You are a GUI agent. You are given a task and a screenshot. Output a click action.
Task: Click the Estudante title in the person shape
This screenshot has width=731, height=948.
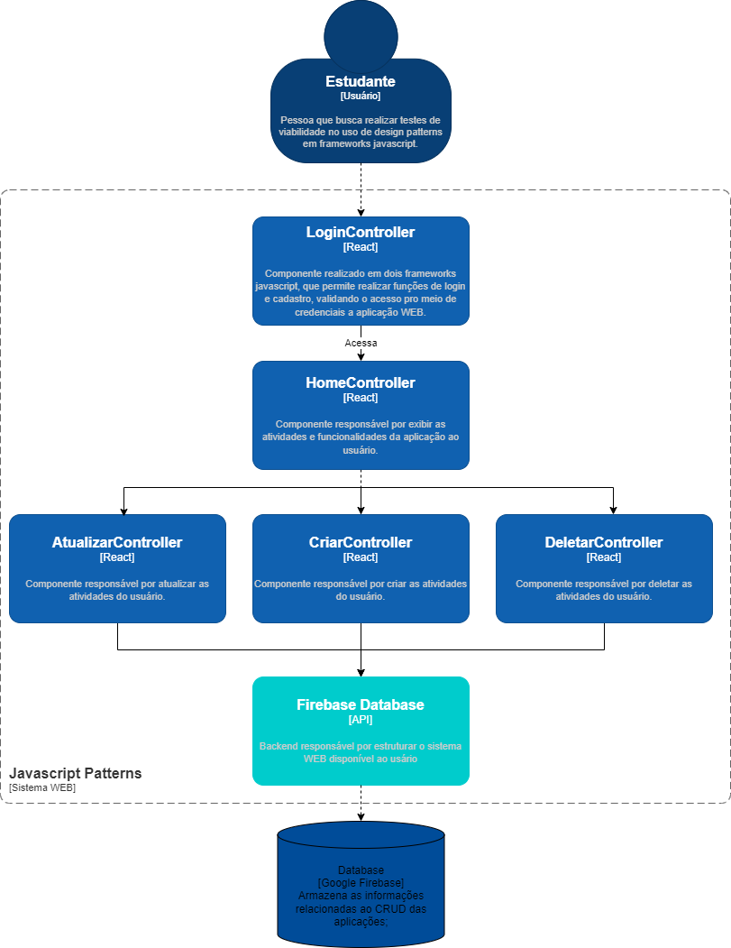361,82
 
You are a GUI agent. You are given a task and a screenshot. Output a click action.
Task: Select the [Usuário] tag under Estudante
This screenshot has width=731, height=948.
361,96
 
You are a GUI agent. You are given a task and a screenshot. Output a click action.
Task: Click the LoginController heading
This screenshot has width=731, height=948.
361,233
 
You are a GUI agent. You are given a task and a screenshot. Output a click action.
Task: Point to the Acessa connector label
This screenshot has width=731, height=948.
361,343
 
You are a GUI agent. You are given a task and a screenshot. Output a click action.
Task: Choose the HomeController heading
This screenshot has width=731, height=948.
361,383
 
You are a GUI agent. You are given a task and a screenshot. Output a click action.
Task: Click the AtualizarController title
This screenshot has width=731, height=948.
117,543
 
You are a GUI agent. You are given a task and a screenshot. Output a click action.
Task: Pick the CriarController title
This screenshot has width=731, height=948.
361,543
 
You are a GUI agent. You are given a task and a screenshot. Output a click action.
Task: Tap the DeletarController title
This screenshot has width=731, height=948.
604,543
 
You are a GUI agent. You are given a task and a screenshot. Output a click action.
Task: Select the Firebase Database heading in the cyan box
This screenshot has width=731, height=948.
361,705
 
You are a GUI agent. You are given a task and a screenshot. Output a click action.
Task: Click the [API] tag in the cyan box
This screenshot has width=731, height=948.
361,720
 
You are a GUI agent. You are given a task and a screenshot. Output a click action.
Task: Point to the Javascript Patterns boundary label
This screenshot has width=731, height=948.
76,774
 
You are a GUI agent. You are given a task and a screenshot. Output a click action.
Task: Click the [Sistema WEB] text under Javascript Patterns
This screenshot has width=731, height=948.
42,787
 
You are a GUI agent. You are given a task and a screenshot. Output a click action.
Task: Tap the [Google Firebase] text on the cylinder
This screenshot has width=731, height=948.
361,882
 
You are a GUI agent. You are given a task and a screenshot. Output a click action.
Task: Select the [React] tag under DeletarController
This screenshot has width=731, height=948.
604,557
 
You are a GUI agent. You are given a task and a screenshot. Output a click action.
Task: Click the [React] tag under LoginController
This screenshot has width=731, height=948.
361,247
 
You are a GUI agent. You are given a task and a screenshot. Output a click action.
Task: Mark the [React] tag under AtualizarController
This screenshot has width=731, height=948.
117,557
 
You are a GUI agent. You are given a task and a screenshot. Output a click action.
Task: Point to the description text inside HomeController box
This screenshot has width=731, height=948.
361,437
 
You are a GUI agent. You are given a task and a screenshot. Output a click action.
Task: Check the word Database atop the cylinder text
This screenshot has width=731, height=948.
361,870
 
